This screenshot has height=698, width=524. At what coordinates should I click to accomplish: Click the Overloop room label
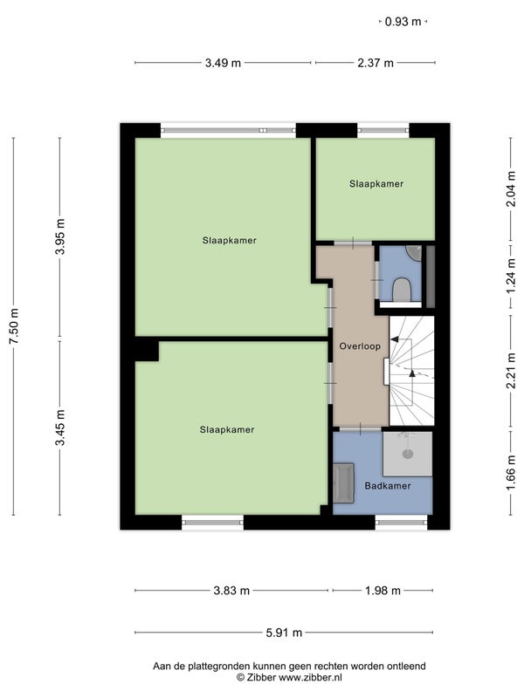360,346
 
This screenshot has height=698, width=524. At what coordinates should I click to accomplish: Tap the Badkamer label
388,486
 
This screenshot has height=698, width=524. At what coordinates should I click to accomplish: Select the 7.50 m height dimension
14,325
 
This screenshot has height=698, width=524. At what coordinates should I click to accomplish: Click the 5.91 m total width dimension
284,633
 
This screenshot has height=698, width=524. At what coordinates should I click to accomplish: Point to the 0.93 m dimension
403,21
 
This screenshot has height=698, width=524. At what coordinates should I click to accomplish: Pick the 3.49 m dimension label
223,63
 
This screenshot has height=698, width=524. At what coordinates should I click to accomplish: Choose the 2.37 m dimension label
376,63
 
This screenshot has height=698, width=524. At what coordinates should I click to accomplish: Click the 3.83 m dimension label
231,591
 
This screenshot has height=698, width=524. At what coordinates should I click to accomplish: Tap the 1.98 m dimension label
383,591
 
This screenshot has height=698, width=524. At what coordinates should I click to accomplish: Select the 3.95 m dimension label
60,236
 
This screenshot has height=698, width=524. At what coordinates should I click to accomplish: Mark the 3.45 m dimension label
60,428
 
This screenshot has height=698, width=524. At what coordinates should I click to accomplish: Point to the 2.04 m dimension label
511,188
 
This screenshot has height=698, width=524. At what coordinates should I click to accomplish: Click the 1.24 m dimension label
511,278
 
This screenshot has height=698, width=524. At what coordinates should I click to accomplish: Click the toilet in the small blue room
402,290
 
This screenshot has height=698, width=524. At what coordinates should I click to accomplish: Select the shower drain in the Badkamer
407,454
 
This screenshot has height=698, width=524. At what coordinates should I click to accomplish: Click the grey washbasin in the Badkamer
343,483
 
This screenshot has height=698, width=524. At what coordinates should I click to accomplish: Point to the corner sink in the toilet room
415,252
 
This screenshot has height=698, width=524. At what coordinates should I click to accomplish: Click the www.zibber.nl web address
311,678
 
